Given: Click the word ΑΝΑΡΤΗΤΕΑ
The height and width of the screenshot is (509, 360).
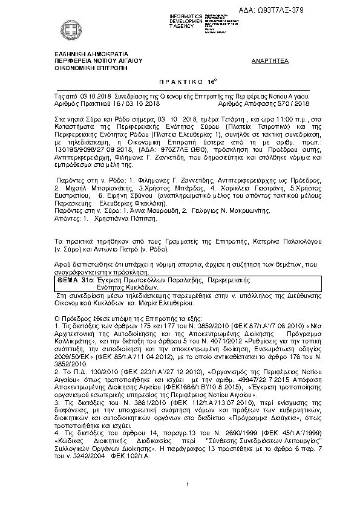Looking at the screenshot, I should tap(269, 62).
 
